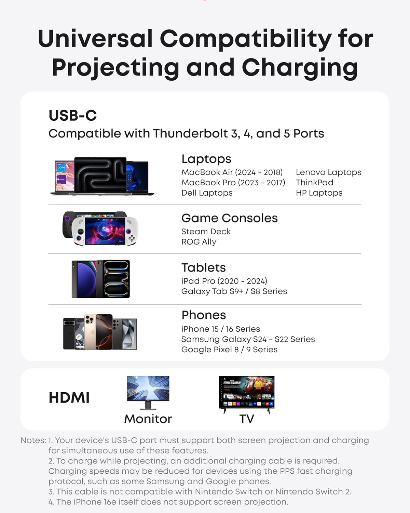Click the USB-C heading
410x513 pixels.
72,116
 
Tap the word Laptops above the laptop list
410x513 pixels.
206,159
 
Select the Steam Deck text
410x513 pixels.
206,232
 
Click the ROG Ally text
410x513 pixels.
199,242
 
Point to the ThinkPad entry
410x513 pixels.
314,183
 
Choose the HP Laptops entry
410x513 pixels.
319,193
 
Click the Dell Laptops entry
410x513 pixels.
207,193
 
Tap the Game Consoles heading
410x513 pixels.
229,218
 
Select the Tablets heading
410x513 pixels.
203,267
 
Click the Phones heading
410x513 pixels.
204,315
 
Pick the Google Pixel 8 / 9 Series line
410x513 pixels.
229,350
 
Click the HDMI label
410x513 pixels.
69,398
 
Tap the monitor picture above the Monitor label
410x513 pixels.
148,392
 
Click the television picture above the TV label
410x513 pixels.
246,393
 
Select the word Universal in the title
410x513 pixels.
95,39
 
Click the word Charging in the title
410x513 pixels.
300,67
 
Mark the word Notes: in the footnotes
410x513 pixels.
33,440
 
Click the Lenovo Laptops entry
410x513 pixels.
328,172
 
